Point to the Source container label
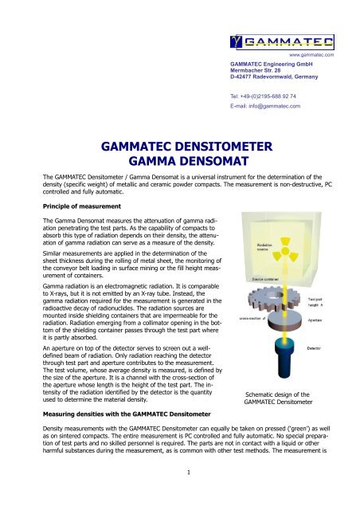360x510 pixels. pyautogui.click(x=268, y=280)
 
